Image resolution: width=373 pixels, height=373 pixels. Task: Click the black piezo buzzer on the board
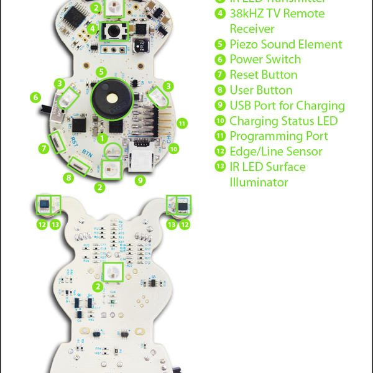112,98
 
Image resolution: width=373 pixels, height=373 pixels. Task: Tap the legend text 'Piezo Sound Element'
286,44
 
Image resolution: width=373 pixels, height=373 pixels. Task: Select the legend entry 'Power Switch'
265,60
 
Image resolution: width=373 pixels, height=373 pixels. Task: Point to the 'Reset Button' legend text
264,75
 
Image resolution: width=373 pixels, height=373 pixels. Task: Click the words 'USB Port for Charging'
287,106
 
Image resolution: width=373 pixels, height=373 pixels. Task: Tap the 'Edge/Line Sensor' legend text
276,152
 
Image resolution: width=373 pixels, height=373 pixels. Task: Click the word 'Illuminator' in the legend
259,182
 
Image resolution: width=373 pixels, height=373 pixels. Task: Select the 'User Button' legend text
261,90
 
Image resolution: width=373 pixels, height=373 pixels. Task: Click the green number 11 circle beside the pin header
182,122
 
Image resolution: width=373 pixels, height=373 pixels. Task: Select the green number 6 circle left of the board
35,98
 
